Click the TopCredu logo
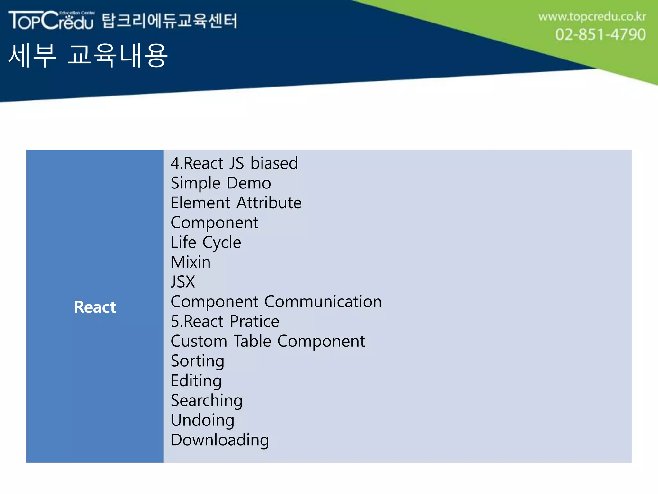point(51,20)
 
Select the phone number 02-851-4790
point(600,34)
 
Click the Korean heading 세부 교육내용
point(88,56)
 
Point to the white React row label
point(95,307)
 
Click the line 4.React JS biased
point(234,163)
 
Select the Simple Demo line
point(221,183)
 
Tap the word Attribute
point(269,203)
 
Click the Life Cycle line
point(206,242)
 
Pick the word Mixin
point(191,262)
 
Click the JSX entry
point(183,282)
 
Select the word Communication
point(323,302)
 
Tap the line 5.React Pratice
point(225,321)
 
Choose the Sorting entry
point(197,361)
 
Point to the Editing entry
point(196,381)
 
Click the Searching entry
point(207,401)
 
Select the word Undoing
point(202,420)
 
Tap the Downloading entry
point(220,440)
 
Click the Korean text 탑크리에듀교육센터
point(170,21)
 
